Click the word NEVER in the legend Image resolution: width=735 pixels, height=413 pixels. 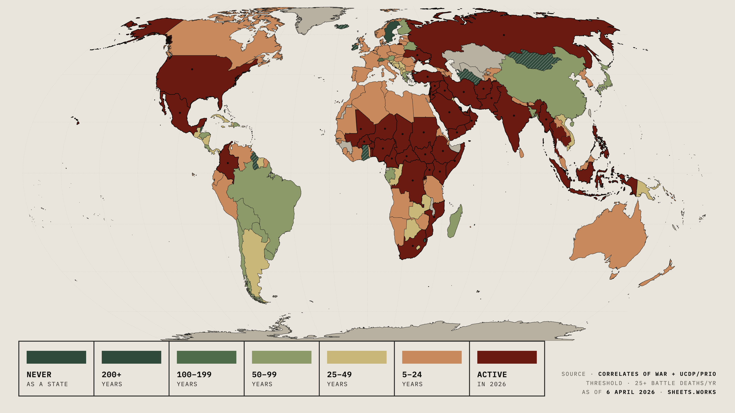click(39, 374)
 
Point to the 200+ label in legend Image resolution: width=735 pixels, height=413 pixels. click(112, 374)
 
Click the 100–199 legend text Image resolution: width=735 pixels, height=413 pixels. click(194, 374)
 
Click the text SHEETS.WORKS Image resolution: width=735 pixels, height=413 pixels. click(692, 392)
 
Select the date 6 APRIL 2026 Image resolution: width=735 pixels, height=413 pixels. click(630, 392)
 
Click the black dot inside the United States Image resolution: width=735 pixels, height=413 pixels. click(192, 69)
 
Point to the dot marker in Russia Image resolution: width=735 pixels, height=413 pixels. click(504, 35)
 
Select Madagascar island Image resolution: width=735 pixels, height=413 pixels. click(454, 222)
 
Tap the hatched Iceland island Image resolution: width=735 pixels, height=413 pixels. click(342, 27)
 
